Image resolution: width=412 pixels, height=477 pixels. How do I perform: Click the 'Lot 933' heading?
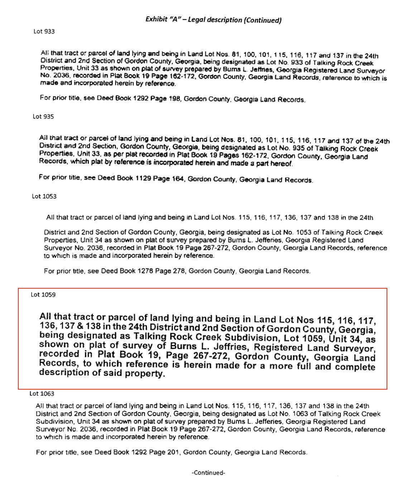pyautogui.click(x=44, y=32)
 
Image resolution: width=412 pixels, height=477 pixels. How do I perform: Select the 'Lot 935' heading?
pyautogui.click(x=43, y=116)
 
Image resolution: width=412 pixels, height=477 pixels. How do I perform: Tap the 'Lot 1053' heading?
pyautogui.click(x=44, y=196)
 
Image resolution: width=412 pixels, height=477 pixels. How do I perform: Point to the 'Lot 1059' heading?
pyautogui.click(x=43, y=295)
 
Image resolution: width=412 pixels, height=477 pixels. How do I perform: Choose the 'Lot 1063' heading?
pyautogui.click(x=42, y=394)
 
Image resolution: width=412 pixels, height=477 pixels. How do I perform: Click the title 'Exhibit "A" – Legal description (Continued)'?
pyautogui.click(x=213, y=20)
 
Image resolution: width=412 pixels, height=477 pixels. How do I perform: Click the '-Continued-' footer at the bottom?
pyautogui.click(x=209, y=473)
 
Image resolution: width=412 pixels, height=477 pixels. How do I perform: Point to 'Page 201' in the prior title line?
pyautogui.click(x=167, y=452)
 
